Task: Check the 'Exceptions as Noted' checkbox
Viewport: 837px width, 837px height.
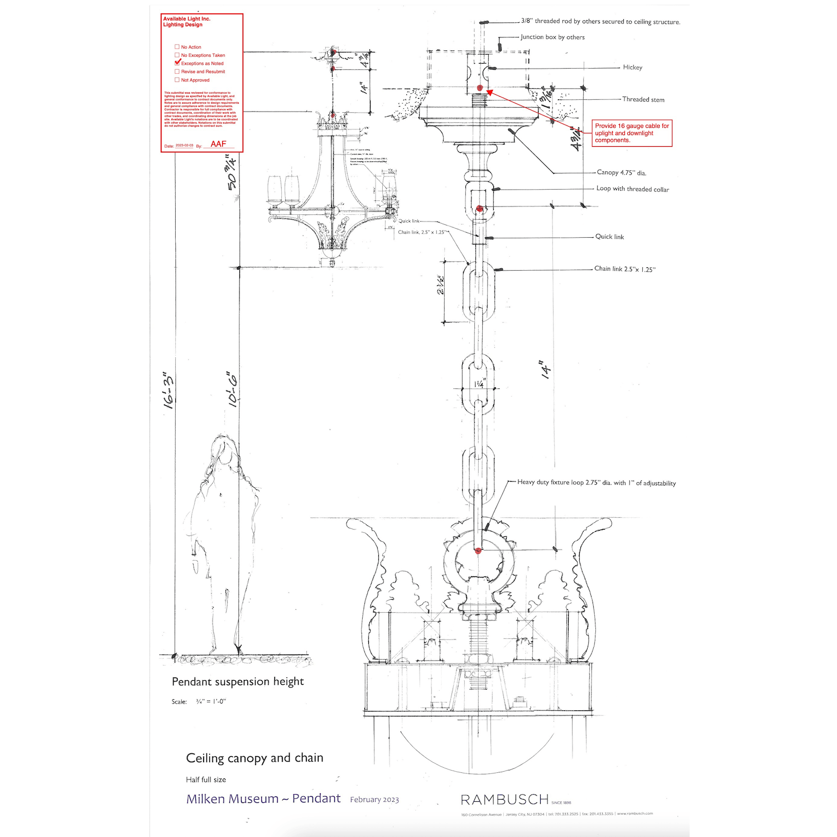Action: tap(177, 63)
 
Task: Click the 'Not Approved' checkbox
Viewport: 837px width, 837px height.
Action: tap(177, 80)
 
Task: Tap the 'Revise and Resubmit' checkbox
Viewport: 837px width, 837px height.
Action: tap(177, 71)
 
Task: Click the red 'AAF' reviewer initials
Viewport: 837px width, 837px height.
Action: tap(218, 144)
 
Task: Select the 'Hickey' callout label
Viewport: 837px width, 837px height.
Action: tap(632, 68)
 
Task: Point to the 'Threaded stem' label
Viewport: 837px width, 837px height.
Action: tap(643, 99)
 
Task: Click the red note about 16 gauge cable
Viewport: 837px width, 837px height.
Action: tap(632, 133)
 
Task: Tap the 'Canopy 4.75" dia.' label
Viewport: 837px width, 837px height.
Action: tap(621, 172)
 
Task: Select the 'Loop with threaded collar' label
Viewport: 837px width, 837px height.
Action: tap(632, 189)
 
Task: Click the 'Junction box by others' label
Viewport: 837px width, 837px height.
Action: tap(552, 37)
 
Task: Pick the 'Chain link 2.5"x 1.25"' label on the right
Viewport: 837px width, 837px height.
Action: tap(624, 269)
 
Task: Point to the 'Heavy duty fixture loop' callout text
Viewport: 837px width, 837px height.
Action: tap(596, 483)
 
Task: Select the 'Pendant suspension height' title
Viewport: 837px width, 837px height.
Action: tap(238, 681)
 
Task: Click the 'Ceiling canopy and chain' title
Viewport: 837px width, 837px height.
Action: tap(254, 758)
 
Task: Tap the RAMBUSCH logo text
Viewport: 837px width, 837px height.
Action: tap(504, 800)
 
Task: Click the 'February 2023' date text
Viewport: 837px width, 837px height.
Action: tap(374, 800)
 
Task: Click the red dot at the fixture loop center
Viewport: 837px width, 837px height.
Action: tap(478, 551)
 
